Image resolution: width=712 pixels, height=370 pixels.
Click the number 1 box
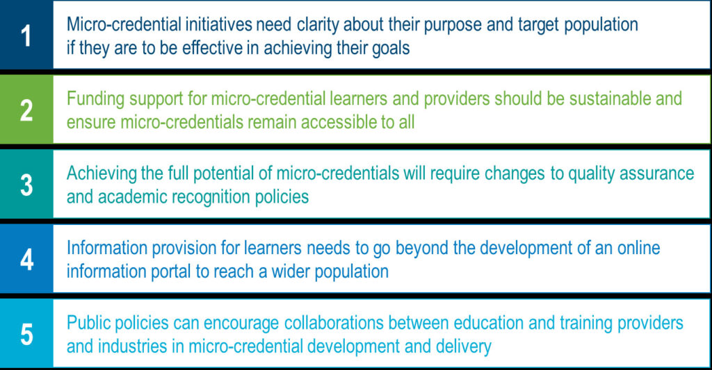(x=26, y=36)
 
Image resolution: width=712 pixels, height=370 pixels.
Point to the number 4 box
(x=26, y=260)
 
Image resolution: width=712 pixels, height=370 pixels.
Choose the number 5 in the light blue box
(x=26, y=334)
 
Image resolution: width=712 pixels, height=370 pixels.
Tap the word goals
(x=388, y=49)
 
